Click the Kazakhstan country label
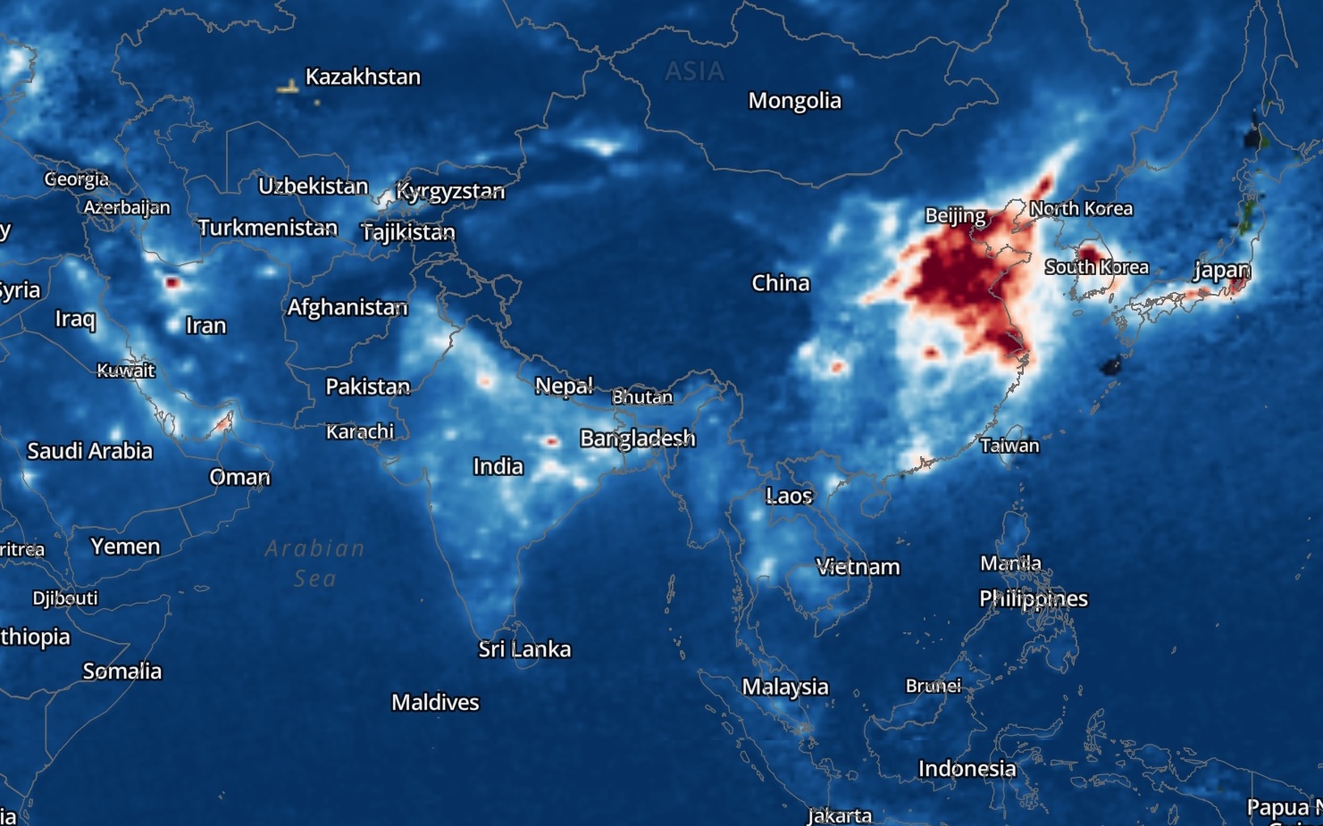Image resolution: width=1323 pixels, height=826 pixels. (x=363, y=77)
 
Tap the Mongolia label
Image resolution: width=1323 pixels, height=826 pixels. (x=794, y=101)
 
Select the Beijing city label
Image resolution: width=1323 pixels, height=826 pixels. (x=955, y=215)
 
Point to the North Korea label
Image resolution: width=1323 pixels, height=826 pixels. (x=1081, y=209)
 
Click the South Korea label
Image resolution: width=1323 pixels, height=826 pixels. (x=1096, y=267)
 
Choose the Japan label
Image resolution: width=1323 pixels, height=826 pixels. (x=1221, y=271)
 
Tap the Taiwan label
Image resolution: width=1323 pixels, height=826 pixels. (x=1009, y=446)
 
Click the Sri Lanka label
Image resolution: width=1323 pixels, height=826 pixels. (x=524, y=649)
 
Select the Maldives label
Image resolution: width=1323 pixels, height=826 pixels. (x=435, y=703)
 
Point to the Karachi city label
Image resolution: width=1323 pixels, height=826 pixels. (x=360, y=432)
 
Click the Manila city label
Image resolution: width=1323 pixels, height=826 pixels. (x=1010, y=563)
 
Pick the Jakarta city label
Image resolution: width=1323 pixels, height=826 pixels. (x=840, y=815)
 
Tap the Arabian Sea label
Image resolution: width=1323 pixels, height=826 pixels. (x=314, y=563)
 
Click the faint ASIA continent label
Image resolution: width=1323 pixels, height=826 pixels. (x=694, y=71)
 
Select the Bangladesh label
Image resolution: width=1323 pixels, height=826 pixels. (x=637, y=438)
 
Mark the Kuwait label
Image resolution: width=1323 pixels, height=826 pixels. (x=126, y=371)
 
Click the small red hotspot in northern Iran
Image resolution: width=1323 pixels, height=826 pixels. (x=172, y=283)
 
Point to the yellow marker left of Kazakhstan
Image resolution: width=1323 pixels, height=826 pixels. (x=288, y=88)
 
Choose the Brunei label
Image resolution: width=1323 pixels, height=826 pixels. (x=934, y=686)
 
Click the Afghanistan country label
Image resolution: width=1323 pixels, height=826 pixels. (x=347, y=308)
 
